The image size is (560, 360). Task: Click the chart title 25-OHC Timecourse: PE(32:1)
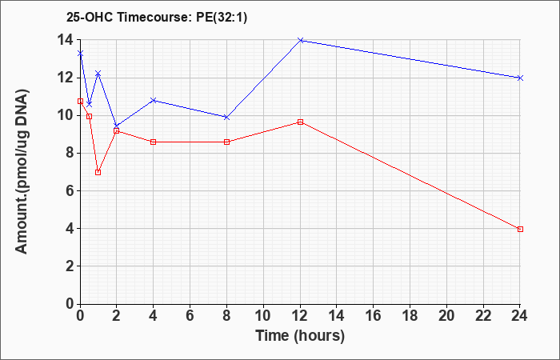pyautogui.click(x=157, y=18)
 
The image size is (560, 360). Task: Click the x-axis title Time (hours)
pyautogui.click(x=300, y=336)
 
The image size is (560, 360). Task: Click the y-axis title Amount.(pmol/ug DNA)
pyautogui.click(x=22, y=171)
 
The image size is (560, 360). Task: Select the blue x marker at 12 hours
pyautogui.click(x=300, y=40)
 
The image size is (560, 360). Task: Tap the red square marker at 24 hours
pyautogui.click(x=520, y=230)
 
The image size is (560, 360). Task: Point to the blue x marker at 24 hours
pyautogui.click(x=520, y=78)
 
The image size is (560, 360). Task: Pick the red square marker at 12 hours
pyautogui.click(x=300, y=122)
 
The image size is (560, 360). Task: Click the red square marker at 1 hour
pyautogui.click(x=98, y=173)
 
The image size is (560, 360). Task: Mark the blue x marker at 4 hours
pyautogui.click(x=154, y=100)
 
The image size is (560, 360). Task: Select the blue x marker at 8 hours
pyautogui.click(x=226, y=117)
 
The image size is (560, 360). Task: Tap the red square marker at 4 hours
pyautogui.click(x=154, y=142)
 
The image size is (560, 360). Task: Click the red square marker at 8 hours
pyautogui.click(x=226, y=142)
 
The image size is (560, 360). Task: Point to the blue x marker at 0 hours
pyautogui.click(x=80, y=54)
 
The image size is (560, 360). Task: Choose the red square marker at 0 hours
pyautogui.click(x=80, y=101)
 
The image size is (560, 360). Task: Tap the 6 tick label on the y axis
pyautogui.click(x=70, y=191)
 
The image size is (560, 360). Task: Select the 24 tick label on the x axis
pyautogui.click(x=519, y=316)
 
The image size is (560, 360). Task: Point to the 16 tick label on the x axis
pyautogui.click(x=373, y=316)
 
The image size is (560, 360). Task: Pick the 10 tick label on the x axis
pyautogui.click(x=263, y=316)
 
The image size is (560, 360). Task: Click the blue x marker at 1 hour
pyautogui.click(x=98, y=74)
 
